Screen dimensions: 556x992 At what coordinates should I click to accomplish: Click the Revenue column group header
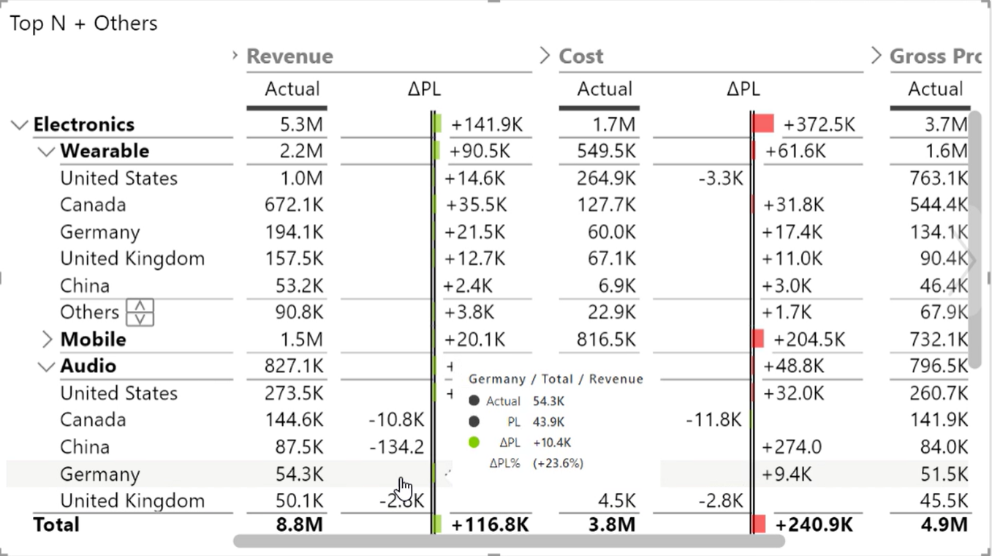coord(289,56)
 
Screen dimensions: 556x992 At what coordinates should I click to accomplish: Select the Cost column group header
coord(581,56)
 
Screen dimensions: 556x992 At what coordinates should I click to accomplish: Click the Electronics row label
coord(84,124)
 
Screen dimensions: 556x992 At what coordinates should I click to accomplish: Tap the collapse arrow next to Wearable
coord(46,151)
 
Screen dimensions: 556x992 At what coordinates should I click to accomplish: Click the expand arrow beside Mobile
coord(47,339)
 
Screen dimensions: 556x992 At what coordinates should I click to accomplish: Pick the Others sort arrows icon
coord(140,312)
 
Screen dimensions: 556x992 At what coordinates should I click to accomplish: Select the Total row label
coord(56,525)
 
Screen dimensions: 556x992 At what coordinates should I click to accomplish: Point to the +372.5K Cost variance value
coord(819,124)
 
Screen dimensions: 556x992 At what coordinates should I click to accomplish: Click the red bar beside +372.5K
coord(764,124)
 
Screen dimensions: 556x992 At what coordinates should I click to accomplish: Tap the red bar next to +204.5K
coord(758,339)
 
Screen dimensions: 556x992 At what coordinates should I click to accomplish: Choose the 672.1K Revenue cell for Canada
coord(294,205)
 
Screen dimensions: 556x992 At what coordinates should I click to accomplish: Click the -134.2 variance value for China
coord(396,447)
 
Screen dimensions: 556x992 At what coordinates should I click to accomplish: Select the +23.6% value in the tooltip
coord(558,463)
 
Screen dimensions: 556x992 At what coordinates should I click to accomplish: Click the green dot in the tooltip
coord(474,442)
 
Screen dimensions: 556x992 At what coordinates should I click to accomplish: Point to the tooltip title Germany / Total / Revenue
coord(556,379)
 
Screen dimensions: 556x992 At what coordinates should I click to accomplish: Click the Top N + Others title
coord(83,23)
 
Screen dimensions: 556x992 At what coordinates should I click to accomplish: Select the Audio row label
coord(88,366)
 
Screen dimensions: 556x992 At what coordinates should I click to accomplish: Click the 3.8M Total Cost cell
coord(611,525)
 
